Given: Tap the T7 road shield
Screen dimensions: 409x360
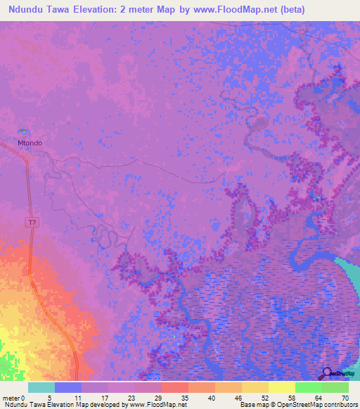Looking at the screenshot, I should pos(31,223).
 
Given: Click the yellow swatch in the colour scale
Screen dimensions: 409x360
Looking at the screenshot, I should pos(281,387).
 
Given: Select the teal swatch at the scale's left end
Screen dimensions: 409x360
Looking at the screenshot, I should pos(41,387).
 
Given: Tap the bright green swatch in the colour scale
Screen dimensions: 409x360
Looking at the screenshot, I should pos(308,387).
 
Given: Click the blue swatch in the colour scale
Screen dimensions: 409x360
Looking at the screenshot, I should pos(68,387).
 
